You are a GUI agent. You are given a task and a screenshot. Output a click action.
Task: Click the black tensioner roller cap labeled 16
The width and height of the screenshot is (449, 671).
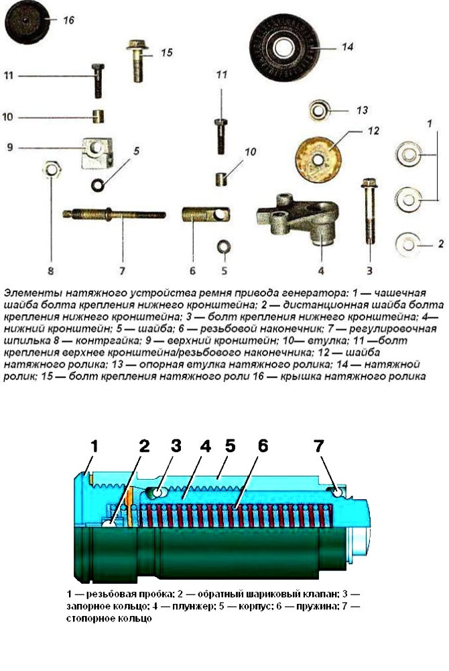point(27,21)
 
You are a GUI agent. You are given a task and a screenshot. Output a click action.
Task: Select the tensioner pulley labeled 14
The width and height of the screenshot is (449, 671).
point(285,47)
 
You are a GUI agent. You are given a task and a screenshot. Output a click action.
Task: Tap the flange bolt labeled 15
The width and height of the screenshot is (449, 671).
point(137,60)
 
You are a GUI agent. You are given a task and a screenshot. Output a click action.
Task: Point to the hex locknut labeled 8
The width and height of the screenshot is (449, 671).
point(52,170)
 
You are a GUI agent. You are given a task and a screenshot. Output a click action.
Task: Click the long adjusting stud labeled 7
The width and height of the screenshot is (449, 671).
point(115,213)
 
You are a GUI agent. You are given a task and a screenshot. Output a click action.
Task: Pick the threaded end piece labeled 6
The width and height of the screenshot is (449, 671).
point(206,213)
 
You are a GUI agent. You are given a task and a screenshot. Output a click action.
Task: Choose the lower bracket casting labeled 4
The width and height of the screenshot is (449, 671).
point(298,219)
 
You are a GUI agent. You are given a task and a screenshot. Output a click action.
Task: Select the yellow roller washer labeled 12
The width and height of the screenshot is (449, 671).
point(318,160)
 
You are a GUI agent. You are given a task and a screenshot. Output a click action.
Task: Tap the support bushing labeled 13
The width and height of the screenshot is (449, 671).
point(319,111)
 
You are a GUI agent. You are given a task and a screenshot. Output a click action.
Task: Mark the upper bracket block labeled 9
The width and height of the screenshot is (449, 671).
point(97,152)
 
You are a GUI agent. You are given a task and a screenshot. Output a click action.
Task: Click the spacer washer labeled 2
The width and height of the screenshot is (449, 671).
point(407,244)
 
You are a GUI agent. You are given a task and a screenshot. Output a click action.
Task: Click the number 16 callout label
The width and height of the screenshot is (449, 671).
point(68,20)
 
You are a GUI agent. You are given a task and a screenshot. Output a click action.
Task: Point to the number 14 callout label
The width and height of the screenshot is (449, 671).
point(347,46)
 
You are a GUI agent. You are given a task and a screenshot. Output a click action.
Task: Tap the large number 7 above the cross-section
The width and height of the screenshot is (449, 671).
point(319,446)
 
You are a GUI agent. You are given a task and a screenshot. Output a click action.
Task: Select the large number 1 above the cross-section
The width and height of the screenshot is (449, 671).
point(94,446)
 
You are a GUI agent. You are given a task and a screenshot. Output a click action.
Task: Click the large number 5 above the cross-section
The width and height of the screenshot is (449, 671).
point(231,446)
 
